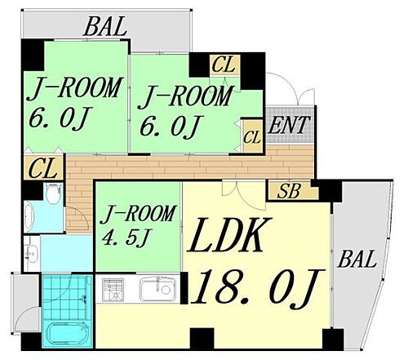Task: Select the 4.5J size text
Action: (126, 238)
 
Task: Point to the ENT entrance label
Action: (289, 125)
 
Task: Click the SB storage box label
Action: (289, 190)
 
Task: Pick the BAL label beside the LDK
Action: (357, 259)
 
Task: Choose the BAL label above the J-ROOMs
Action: (104, 27)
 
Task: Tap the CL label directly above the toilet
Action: (42, 169)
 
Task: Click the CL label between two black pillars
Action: (223, 64)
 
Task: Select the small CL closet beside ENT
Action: (252, 136)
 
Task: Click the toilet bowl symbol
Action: (53, 193)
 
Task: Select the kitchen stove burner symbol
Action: (113, 290)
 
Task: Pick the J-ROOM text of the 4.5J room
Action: (138, 215)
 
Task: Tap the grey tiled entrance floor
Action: (289, 125)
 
